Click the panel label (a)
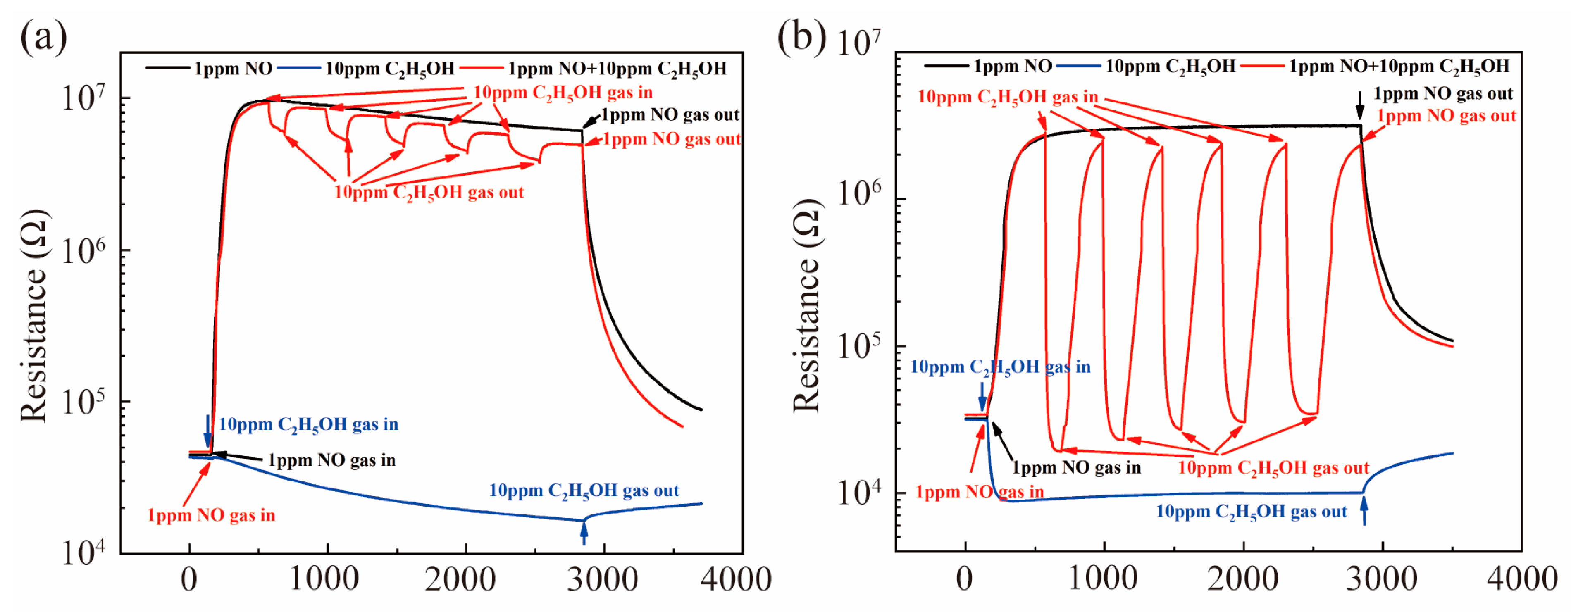point(44,38)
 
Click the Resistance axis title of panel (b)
point(807,305)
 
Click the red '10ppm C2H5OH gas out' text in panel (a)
point(429,193)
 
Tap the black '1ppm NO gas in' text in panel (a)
point(332,460)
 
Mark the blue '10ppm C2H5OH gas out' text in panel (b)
point(1251,512)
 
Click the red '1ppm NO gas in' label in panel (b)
point(980,492)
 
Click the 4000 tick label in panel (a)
point(736,579)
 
